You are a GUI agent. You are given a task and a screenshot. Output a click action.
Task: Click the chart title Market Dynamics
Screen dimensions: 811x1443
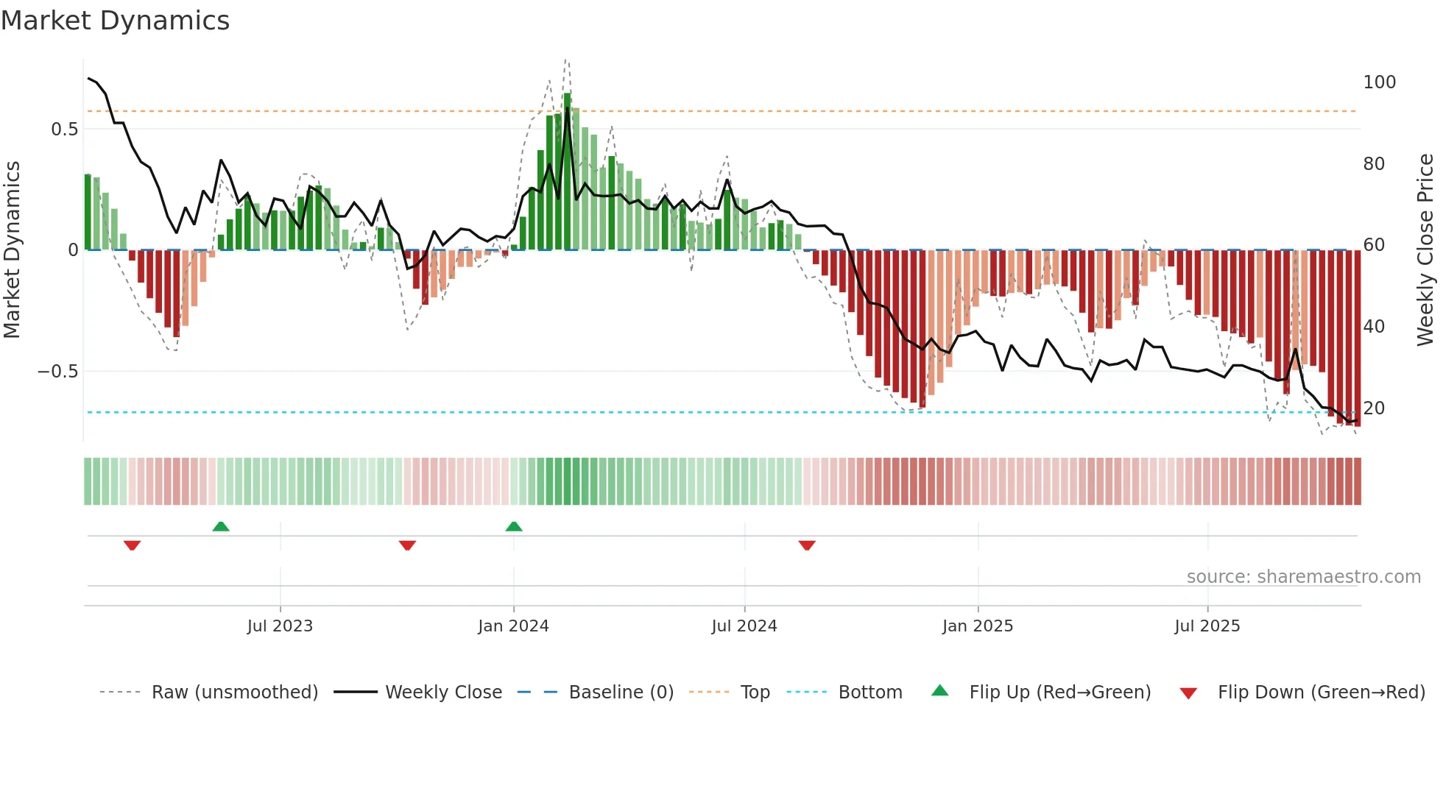[x=116, y=21]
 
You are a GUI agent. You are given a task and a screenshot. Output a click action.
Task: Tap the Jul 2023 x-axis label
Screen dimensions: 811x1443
[x=280, y=626]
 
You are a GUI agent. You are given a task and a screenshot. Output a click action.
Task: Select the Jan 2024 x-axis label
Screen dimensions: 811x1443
[x=513, y=626]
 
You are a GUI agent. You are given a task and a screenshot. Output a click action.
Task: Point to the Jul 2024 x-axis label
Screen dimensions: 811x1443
[x=744, y=626]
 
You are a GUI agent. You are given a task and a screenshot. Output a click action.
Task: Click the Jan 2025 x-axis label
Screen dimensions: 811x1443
[x=978, y=626]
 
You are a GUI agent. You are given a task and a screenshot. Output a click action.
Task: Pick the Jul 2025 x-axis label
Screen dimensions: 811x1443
[x=1207, y=626]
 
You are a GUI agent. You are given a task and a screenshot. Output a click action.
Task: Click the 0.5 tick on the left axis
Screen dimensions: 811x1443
[x=65, y=130]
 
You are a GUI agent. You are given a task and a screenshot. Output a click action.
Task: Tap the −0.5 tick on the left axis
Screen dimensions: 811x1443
[x=58, y=372]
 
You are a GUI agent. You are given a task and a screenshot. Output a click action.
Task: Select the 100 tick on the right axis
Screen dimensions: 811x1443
[x=1379, y=82]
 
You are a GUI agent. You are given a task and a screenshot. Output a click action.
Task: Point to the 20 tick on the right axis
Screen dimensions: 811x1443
[x=1374, y=408]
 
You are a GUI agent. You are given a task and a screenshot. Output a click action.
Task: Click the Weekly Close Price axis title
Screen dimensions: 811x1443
[x=1425, y=250]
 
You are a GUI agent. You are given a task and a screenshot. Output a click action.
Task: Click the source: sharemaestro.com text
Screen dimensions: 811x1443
[x=1303, y=577]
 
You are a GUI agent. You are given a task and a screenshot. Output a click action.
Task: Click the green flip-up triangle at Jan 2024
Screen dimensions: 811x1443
[x=514, y=526]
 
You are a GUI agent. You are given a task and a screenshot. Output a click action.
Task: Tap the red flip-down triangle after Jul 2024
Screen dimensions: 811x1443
[x=807, y=545]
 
